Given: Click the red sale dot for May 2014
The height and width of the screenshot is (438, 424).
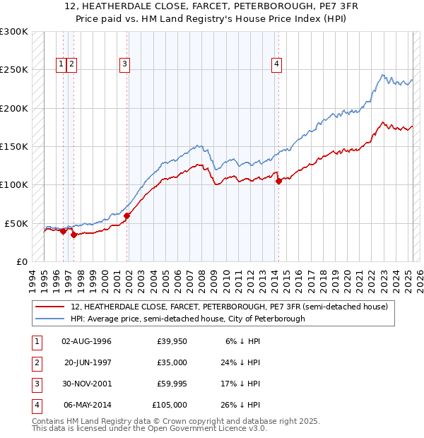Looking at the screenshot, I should [278, 181].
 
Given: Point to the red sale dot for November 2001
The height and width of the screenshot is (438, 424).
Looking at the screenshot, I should [127, 215].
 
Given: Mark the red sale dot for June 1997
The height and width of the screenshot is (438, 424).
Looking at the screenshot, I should [73, 235].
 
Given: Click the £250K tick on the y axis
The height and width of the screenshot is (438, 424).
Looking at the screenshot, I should [14, 70].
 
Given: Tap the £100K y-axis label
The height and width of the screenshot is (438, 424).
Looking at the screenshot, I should [14, 184].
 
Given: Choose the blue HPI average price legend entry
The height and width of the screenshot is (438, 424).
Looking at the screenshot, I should [187, 319].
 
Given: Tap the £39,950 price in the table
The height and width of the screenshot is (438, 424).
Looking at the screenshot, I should [172, 341].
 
